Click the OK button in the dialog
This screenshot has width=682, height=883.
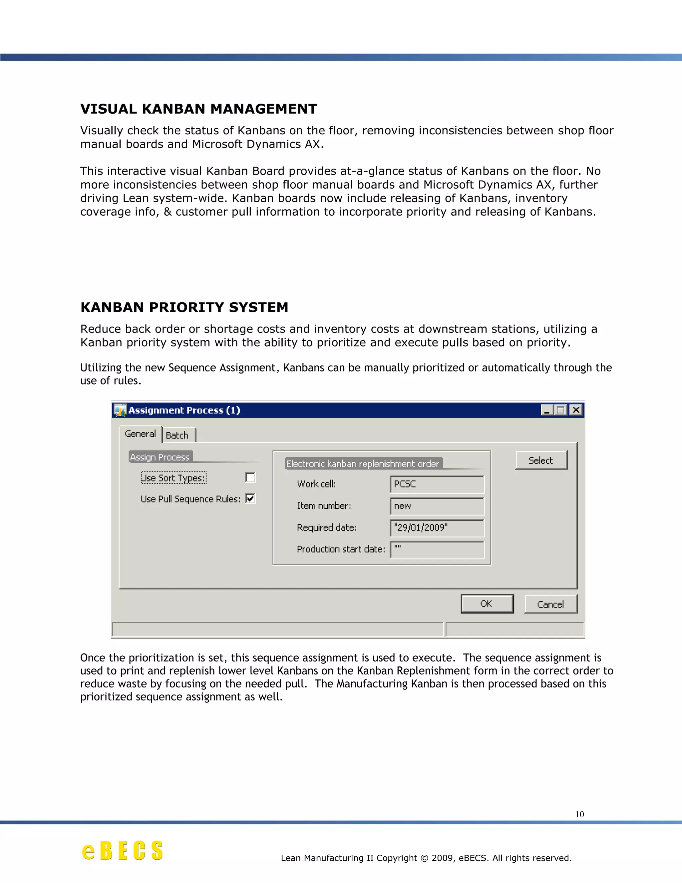(x=487, y=604)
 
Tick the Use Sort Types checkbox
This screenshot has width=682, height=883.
(x=250, y=477)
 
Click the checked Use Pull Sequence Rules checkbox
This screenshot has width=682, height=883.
(x=250, y=498)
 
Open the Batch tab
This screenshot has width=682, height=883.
(x=177, y=436)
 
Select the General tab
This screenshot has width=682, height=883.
(x=140, y=434)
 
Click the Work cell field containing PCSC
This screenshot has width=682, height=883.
(x=437, y=484)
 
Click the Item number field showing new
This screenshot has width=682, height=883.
(x=437, y=506)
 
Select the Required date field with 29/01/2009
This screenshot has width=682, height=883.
(x=437, y=527)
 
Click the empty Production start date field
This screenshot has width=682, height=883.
(x=437, y=549)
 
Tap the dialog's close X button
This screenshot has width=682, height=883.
(x=576, y=410)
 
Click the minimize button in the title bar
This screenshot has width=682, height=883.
(x=547, y=410)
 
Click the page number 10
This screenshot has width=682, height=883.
(x=579, y=814)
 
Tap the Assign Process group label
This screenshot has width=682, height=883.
(x=160, y=457)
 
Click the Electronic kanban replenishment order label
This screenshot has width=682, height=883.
(x=362, y=464)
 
